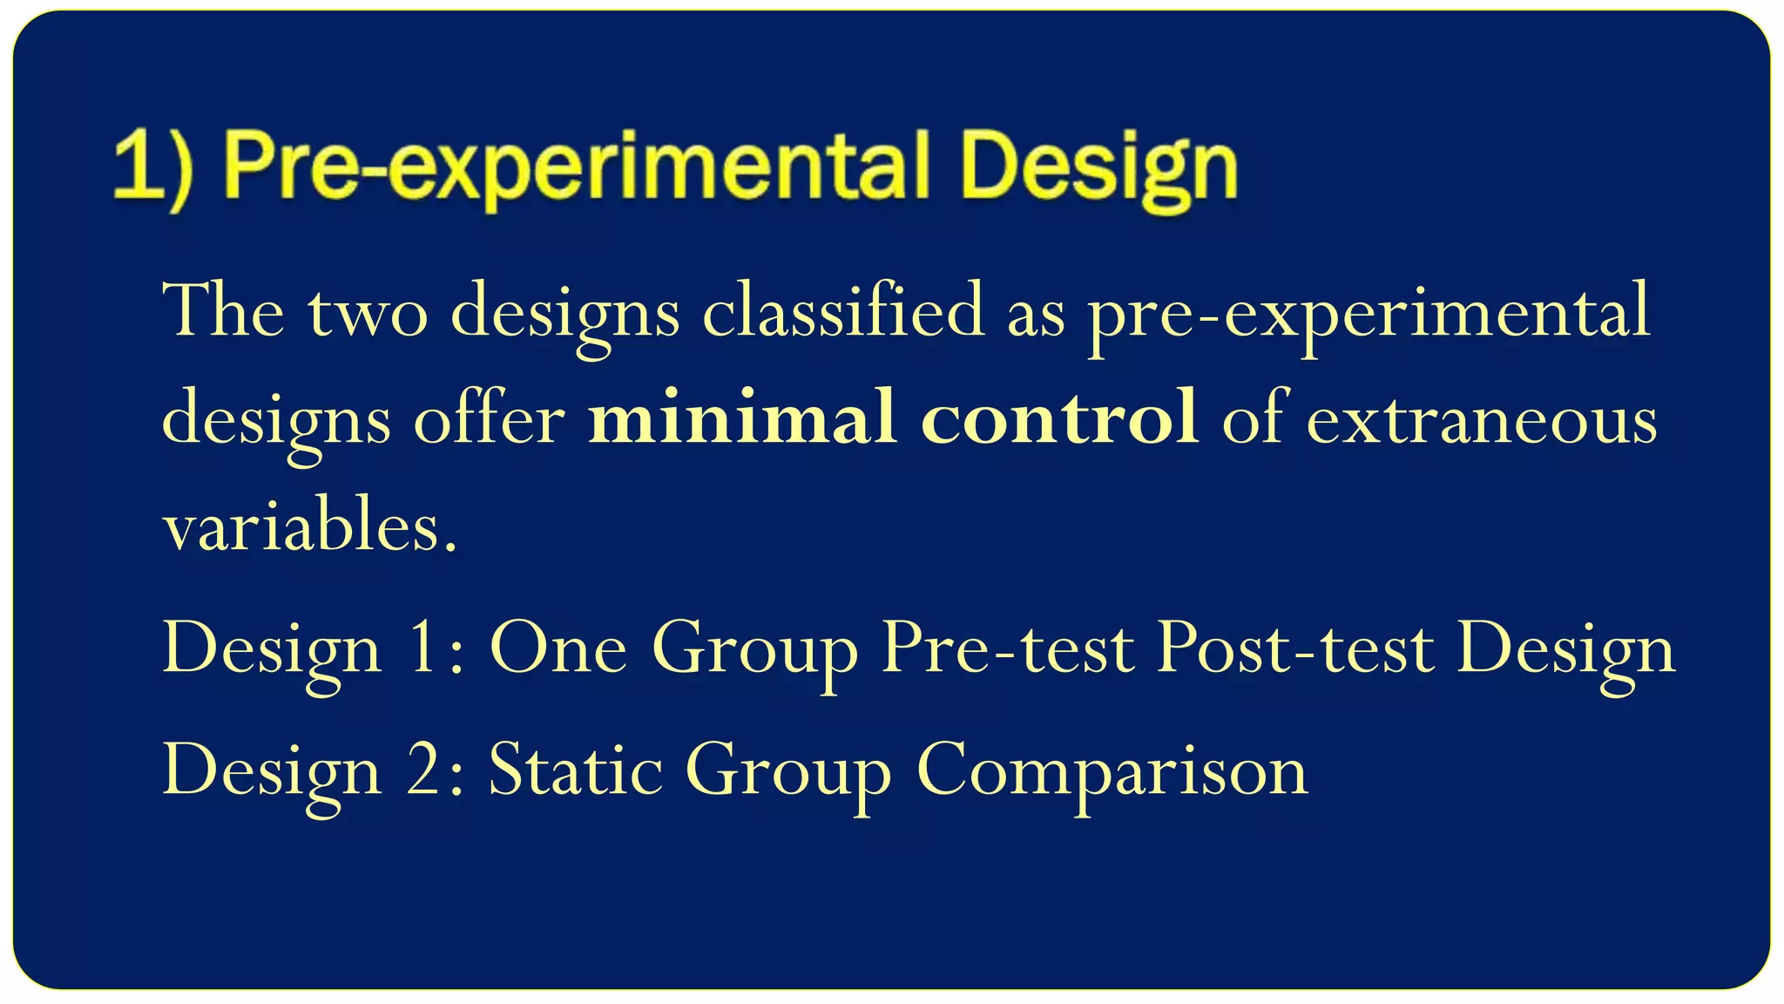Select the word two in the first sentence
tap(368, 312)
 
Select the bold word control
tap(1059, 418)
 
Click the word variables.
tap(309, 525)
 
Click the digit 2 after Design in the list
tap(424, 770)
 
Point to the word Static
tap(575, 770)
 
